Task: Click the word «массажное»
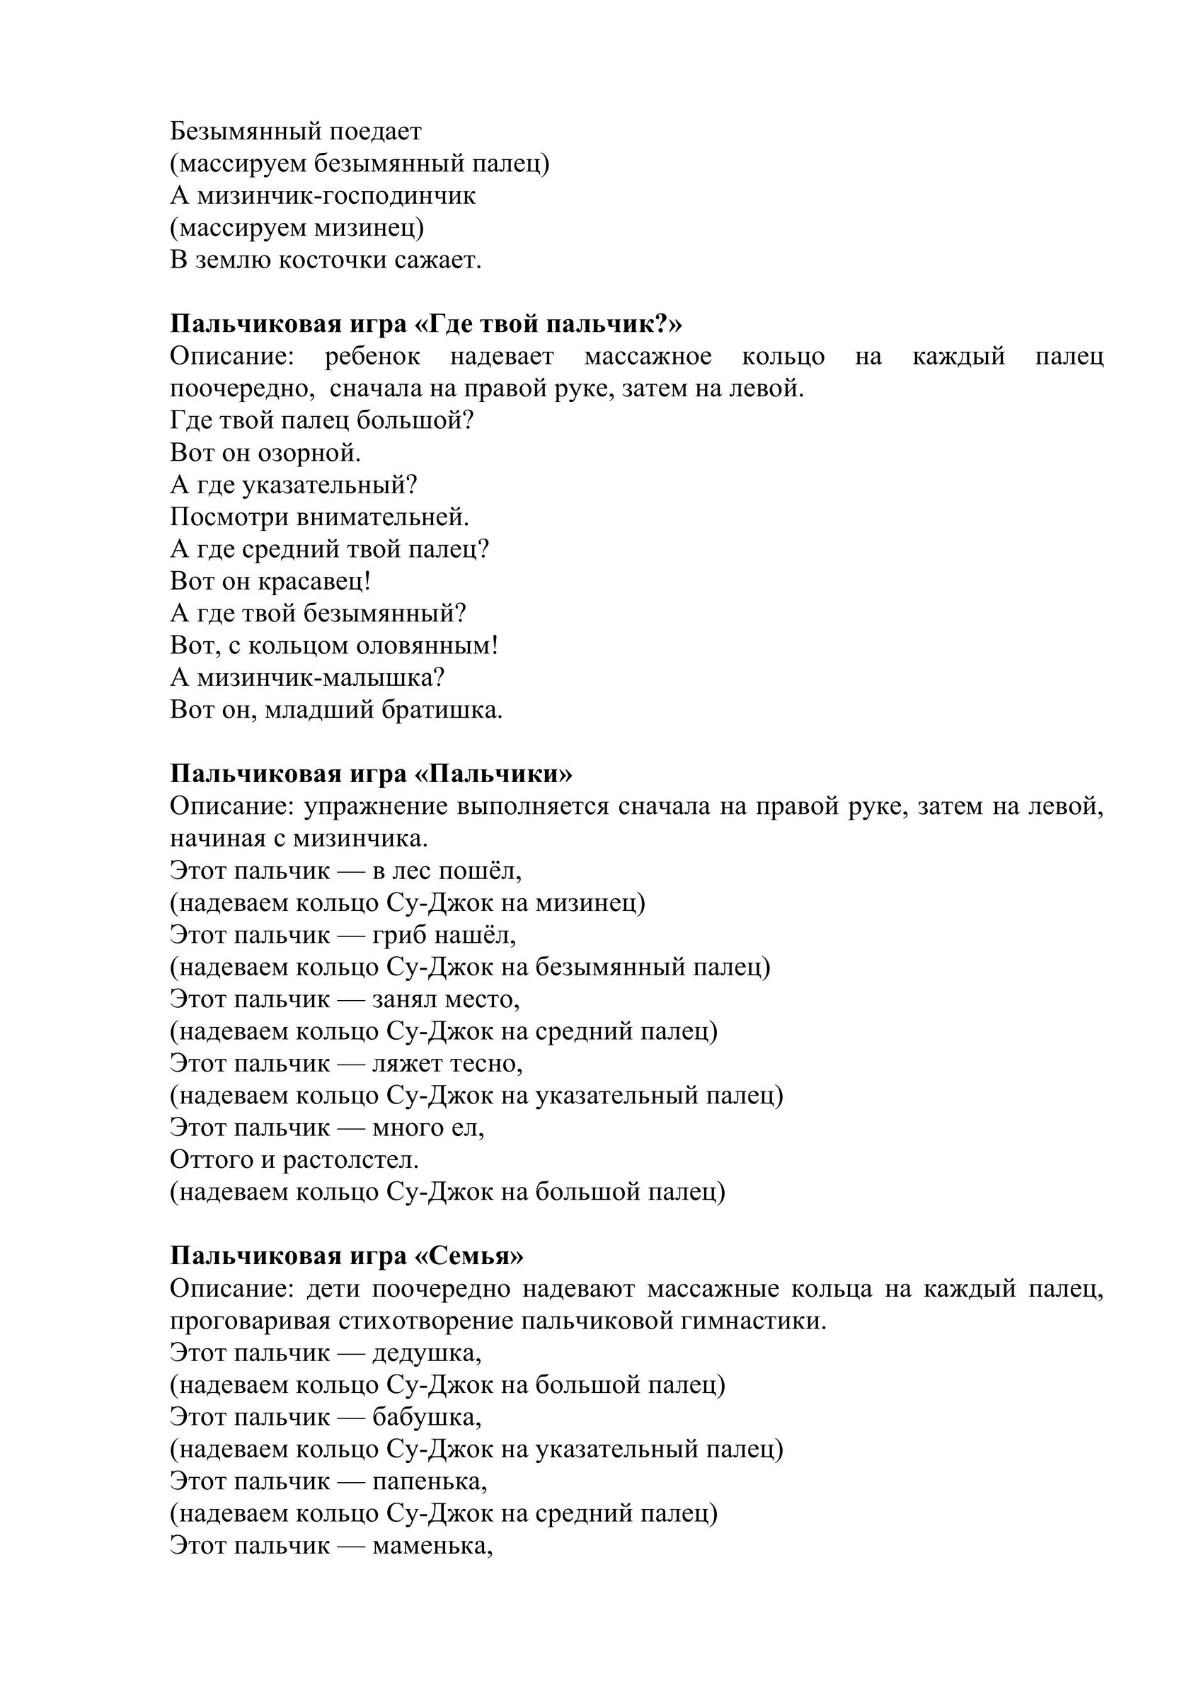(648, 357)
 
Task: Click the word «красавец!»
(315, 581)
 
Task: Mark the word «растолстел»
(351, 1160)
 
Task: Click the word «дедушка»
(427, 1353)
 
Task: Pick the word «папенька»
(430, 1482)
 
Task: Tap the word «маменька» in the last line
(432, 1546)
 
